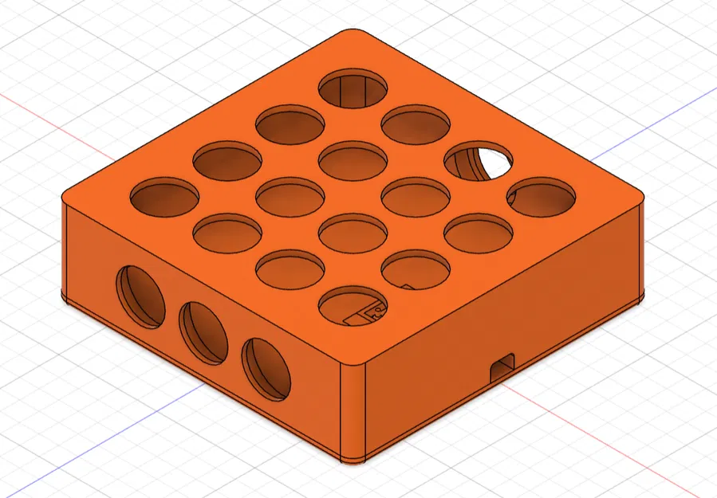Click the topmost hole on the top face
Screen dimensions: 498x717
(353, 88)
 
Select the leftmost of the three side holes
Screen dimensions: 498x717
(141, 296)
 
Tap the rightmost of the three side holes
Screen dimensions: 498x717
(266, 369)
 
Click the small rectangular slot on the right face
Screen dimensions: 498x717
(502, 367)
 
